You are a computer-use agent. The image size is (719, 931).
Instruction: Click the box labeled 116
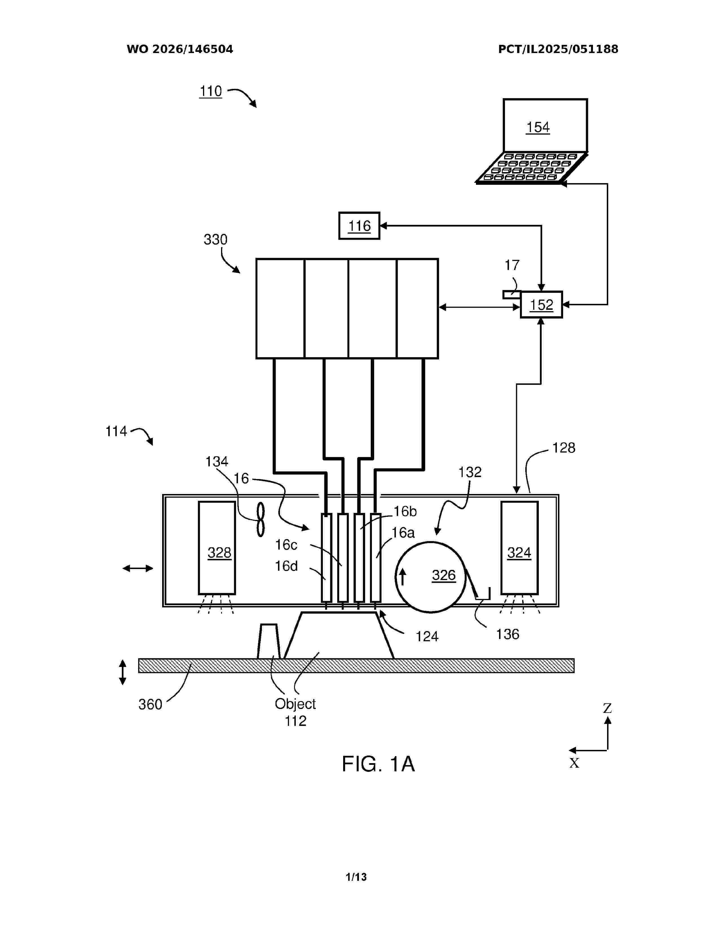359,225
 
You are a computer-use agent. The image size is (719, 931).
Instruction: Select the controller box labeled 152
541,305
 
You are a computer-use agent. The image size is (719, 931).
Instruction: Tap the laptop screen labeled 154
545,126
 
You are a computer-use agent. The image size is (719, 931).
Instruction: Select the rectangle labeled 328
217,548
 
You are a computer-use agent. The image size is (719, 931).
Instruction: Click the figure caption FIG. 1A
378,764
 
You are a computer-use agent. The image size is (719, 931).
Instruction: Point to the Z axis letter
607,708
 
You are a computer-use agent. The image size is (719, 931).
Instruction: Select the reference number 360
150,704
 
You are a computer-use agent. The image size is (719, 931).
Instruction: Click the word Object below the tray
295,704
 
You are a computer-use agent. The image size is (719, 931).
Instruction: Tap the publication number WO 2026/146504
180,49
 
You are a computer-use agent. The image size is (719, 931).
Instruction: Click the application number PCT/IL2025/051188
558,49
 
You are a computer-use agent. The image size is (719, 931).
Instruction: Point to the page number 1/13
356,877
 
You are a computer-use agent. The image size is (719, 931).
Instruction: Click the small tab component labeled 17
511,295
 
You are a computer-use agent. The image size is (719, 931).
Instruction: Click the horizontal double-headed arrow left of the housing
138,568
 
